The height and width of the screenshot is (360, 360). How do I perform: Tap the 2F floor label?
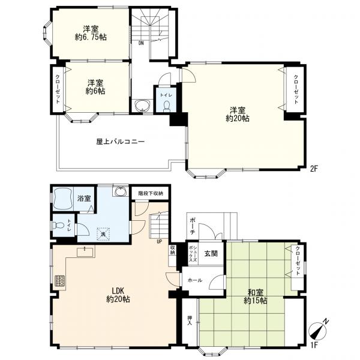tap(314, 169)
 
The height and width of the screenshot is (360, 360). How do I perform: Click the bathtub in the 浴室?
tap(63, 199)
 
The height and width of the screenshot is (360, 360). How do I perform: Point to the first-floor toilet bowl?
tap(58, 225)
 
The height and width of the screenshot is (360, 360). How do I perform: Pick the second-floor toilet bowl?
tap(166, 106)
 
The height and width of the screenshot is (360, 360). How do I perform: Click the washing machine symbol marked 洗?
tap(103, 234)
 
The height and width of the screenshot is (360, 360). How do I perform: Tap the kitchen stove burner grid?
tap(59, 280)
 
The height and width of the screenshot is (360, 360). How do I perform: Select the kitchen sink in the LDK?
tap(85, 252)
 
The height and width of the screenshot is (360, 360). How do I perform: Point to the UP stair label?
tap(159, 241)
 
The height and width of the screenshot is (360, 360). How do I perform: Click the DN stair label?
tap(141, 43)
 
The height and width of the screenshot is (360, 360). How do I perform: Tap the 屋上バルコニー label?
tap(121, 142)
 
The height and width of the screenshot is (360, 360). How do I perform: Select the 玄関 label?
tap(211, 253)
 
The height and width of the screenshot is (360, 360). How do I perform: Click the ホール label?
tap(195, 280)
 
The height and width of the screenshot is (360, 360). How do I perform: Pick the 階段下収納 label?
tap(151, 193)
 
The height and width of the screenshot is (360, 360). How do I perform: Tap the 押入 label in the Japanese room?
tap(190, 320)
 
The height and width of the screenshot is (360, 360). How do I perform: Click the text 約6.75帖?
tap(91, 37)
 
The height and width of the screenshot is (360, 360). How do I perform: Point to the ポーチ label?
tap(193, 226)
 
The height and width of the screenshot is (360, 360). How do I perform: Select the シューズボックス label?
tap(193, 254)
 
